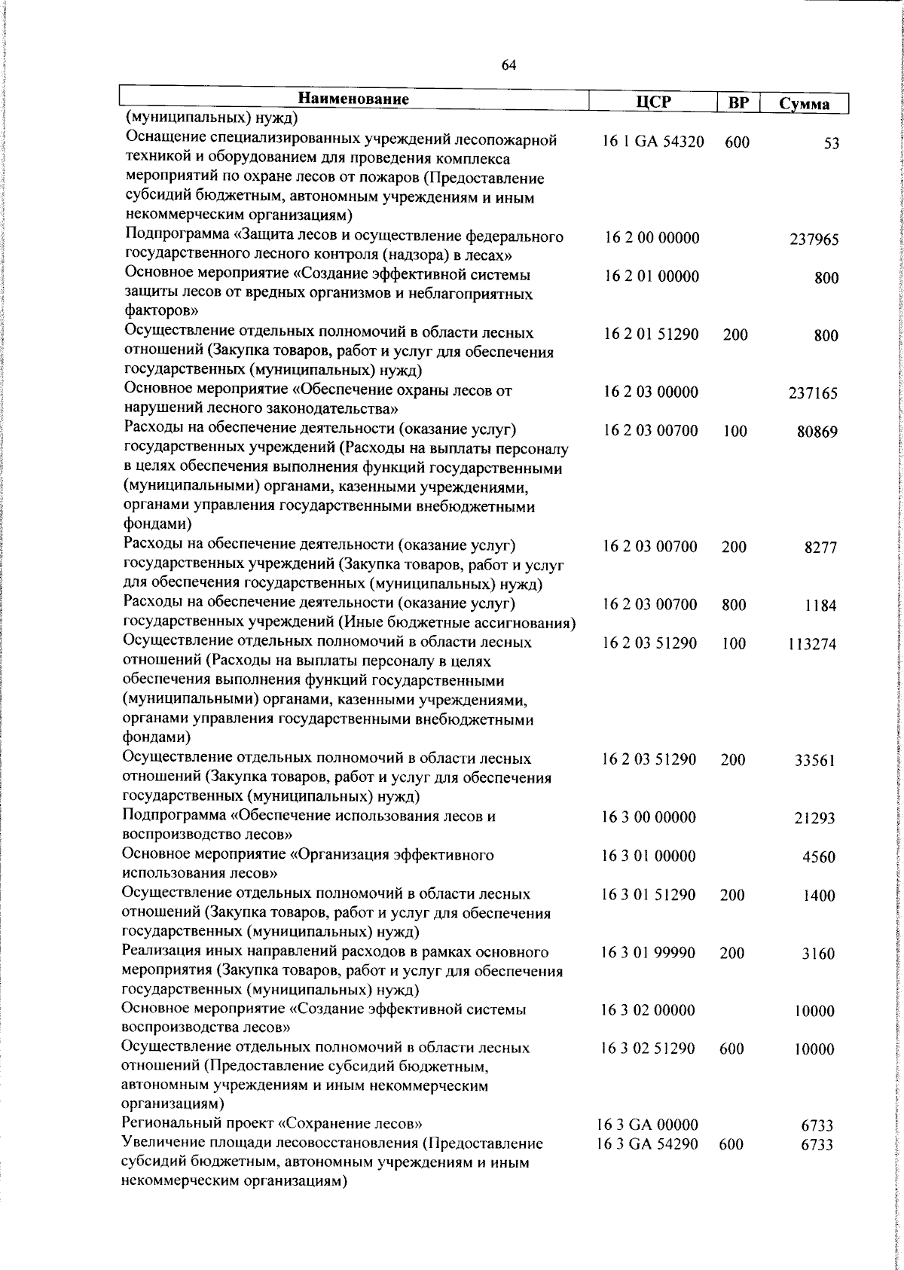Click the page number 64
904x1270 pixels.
[508, 66]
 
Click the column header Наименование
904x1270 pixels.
[354, 99]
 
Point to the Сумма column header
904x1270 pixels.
[805, 104]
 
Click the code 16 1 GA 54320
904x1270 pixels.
[653, 142]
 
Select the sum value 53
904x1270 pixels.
[832, 144]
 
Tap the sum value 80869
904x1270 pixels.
[817, 432]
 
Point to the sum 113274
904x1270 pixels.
[812, 645]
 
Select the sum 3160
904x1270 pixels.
[818, 954]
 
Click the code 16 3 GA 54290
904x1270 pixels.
[647, 1165]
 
